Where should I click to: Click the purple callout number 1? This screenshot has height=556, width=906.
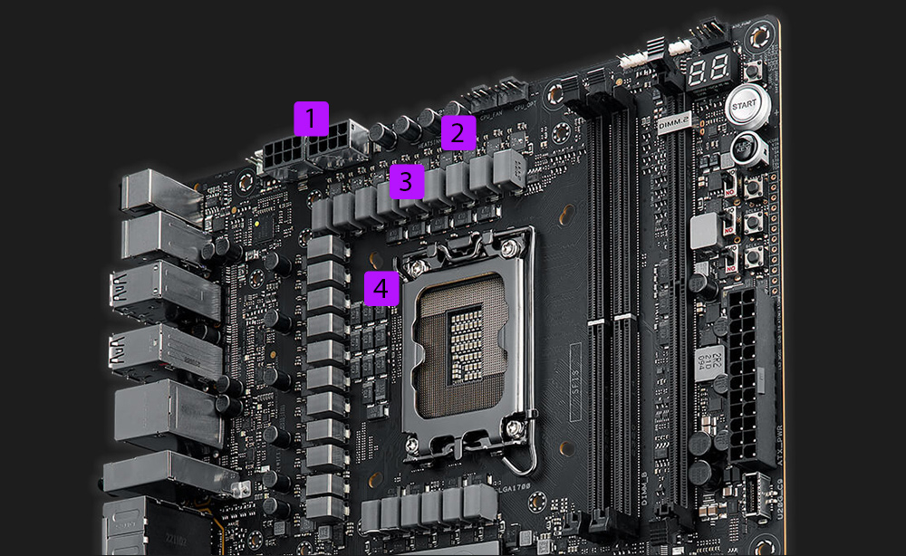click(x=311, y=120)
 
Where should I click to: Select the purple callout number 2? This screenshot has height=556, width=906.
click(x=458, y=134)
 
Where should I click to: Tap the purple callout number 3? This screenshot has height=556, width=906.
click(x=406, y=181)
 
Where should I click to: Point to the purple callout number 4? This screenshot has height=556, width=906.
click(x=381, y=289)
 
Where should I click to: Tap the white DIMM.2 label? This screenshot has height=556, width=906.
click(x=676, y=124)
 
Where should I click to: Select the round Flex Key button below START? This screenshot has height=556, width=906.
click(x=746, y=146)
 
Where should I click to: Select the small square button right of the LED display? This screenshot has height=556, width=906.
click(x=751, y=72)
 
